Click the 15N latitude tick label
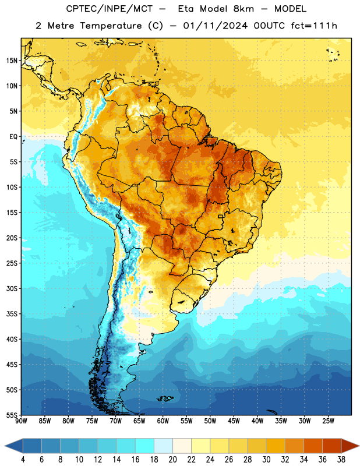12,61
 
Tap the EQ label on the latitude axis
13,137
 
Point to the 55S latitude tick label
12,415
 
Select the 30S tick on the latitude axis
12,288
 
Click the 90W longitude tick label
21,421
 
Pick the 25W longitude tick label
328,421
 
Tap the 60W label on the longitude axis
163,421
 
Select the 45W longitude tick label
234,421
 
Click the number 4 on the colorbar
23,460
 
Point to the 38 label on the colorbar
341,460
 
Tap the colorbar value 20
172,460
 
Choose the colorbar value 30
266,460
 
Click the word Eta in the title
185,9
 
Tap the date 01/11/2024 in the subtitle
215,26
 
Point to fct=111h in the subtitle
314,26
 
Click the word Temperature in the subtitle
111,26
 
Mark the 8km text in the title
243,9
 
